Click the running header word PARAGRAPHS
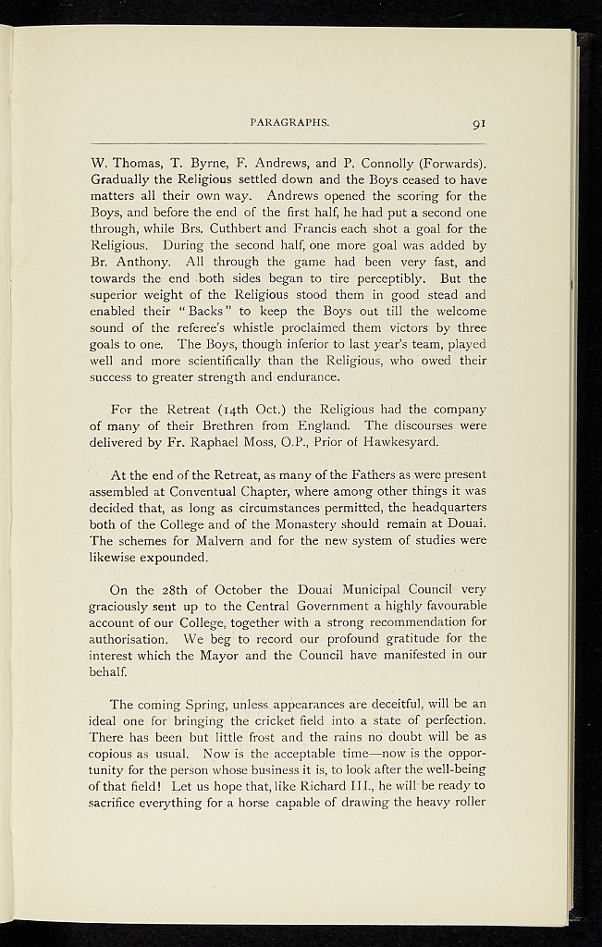point(289,120)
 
